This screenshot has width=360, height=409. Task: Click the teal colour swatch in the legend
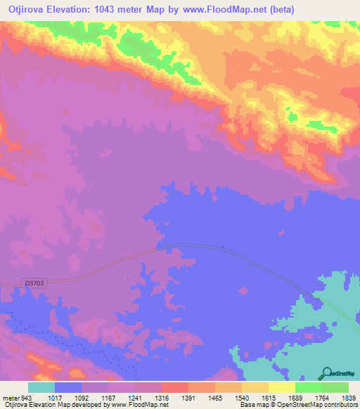(x=41, y=387)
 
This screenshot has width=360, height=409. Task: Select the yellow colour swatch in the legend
(x=281, y=387)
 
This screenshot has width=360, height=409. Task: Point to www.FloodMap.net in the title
(x=217, y=9)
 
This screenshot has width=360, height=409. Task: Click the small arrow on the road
(x=224, y=247)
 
